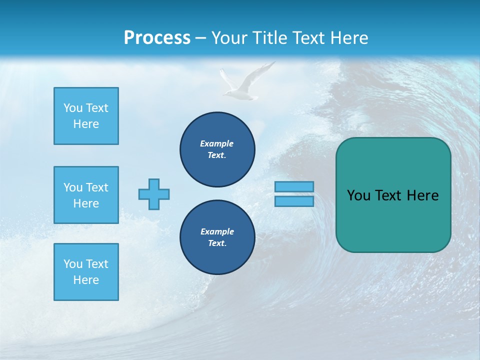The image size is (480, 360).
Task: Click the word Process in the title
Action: pos(157,38)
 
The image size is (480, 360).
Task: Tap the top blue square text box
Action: pos(86,116)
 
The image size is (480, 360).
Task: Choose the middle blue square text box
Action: pos(86,195)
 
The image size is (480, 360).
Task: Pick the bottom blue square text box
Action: pos(86,272)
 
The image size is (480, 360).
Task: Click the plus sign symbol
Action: pos(154,194)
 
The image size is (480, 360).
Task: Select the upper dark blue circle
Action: pos(217,149)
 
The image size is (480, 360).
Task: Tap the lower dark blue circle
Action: pos(217,237)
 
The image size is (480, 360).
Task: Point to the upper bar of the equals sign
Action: pos(294,186)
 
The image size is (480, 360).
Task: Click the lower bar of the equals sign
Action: pos(294,201)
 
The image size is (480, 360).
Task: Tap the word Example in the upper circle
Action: pos(217,143)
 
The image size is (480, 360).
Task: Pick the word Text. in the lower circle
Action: pos(217,243)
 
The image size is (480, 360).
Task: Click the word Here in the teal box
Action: pos(422,195)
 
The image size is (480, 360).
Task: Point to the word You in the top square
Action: pos(73,108)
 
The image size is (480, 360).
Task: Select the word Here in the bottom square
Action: pos(86,280)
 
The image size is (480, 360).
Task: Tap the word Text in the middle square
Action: pos(96,187)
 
